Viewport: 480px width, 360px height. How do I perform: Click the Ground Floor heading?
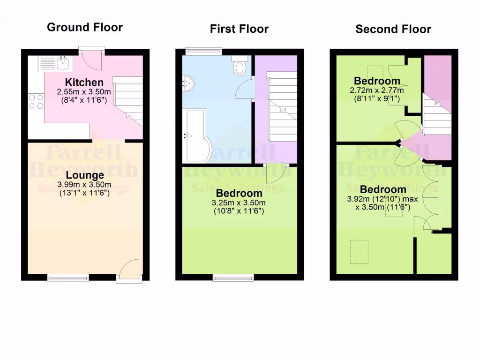click(x=85, y=27)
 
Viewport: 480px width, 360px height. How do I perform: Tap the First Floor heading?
click(x=239, y=29)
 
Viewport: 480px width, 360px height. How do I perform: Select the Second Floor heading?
click(x=393, y=30)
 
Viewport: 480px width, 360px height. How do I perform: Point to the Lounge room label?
click(x=85, y=176)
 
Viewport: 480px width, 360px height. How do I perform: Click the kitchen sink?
click(x=53, y=63)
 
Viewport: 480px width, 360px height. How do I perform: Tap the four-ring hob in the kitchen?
click(x=36, y=102)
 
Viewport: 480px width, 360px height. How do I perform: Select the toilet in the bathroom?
click(x=240, y=67)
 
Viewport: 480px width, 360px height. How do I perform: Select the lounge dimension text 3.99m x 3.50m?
click(x=84, y=184)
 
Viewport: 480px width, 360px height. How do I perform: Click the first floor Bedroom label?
click(x=239, y=193)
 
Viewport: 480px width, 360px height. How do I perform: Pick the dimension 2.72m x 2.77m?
click(x=377, y=90)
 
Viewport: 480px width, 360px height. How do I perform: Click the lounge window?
click(x=67, y=278)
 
